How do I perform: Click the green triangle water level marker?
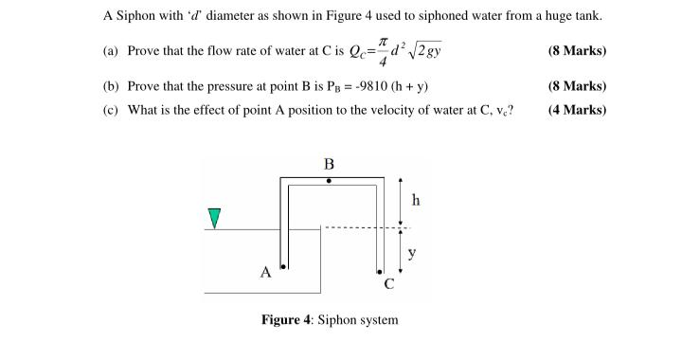[x=215, y=218]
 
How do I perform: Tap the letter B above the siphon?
[x=330, y=162]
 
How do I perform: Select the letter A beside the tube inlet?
[x=266, y=273]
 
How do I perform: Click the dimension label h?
[x=416, y=200]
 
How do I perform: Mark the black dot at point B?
[x=330, y=180]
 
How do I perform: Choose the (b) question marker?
[x=111, y=86]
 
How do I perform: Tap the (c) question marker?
[x=111, y=109]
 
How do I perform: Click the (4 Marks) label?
[x=577, y=109]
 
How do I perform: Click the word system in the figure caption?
[x=378, y=319]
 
